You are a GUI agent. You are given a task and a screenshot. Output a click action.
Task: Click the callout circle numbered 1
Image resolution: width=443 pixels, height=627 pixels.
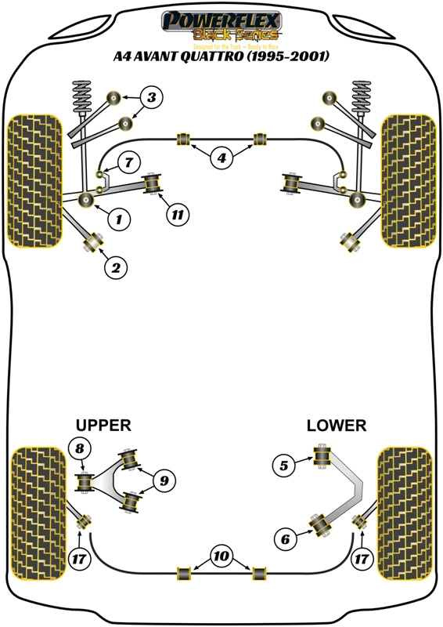pos(119,219)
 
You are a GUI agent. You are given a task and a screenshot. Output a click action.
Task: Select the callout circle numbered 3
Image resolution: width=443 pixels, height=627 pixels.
pos(152,99)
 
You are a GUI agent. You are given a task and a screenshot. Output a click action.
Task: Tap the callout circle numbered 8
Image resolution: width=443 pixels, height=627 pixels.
pos(78,449)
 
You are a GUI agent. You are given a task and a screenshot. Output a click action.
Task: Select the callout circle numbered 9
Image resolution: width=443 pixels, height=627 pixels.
pos(164,480)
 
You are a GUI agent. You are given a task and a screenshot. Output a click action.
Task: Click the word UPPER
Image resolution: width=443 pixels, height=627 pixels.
pos(103,425)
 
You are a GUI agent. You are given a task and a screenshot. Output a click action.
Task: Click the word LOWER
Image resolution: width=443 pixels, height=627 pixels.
pos(336,425)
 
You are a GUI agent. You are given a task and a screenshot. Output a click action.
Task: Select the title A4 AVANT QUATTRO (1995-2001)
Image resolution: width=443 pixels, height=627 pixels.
pos(221,56)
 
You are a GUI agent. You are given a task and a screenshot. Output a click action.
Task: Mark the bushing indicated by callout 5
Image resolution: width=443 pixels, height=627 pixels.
pos(320,456)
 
